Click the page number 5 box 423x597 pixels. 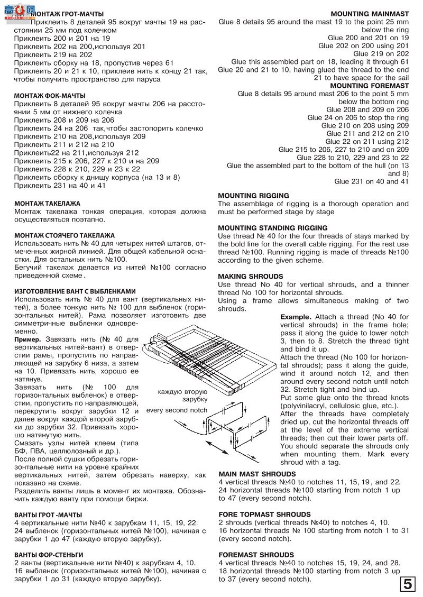coord(408,584)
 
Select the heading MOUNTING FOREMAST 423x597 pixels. coord(369,85)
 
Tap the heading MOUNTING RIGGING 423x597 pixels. coord(254,196)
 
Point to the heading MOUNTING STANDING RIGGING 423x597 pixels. coord(273,228)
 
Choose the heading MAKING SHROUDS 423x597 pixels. coord(251,277)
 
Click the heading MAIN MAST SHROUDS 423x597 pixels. coord(257,474)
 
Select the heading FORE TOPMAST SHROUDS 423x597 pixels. coord(264,514)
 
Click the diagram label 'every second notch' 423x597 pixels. coord(177,410)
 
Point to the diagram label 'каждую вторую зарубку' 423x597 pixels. coord(182,395)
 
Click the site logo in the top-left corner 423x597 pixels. coord(18,11)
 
